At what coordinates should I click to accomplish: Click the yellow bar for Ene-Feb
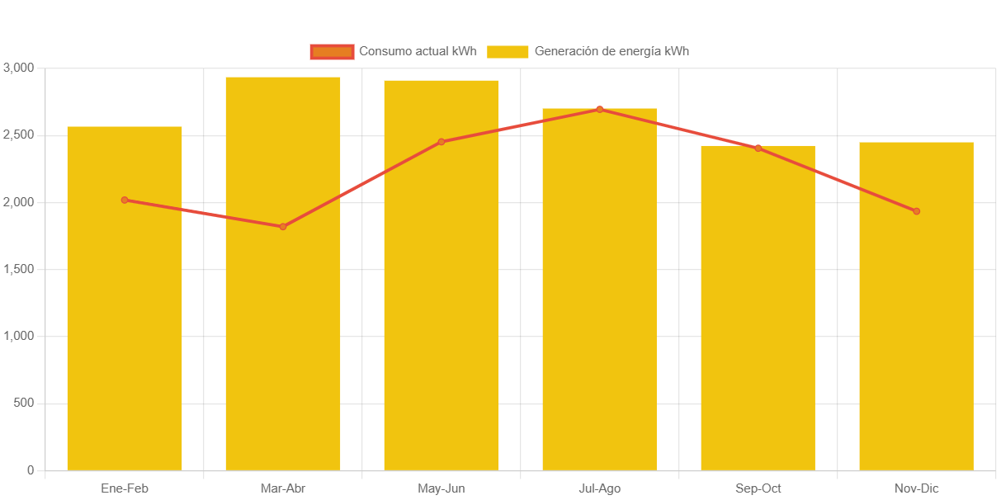pos(125,330)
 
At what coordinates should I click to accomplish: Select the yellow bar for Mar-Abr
pos(283,330)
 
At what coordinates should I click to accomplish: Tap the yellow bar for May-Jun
pos(441,330)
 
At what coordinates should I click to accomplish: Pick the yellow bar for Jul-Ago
pos(600,330)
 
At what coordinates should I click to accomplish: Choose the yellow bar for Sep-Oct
pos(758,330)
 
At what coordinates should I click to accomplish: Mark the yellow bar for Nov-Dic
pos(916,330)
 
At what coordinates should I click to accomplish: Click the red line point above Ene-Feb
pos(125,200)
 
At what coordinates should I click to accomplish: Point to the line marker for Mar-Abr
pos(283,227)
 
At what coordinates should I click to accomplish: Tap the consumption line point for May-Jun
pos(441,142)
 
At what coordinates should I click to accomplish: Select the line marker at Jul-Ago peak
pos(600,109)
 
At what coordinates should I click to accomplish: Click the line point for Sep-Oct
pos(758,149)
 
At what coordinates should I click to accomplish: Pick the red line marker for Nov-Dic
pos(916,211)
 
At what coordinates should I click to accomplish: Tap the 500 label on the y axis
pos(23,403)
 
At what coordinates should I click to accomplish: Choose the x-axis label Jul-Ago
pos(600,488)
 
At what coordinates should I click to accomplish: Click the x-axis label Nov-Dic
pos(916,488)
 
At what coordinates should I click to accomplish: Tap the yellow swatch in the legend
pos(508,51)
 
